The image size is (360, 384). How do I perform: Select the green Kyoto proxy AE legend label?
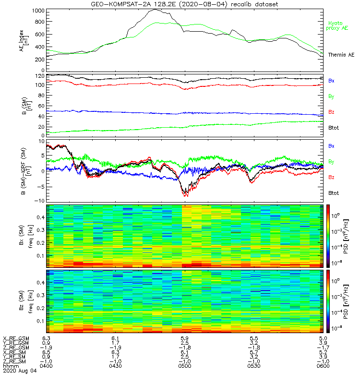pos(338,25)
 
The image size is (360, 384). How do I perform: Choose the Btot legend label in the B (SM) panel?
pos(334,128)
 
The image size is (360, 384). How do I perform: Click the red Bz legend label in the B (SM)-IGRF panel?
pos(331,177)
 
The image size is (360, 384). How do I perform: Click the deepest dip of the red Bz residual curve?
pos(185,196)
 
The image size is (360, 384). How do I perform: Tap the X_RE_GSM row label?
pos(16,338)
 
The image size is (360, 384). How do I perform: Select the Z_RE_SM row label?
pos(15,361)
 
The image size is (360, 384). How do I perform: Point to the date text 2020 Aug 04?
pos(17,371)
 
